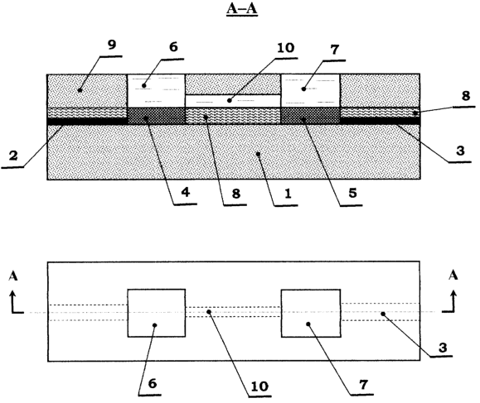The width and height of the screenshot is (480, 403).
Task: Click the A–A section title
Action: tap(242, 9)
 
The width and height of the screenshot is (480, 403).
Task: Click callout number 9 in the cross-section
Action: tap(112, 45)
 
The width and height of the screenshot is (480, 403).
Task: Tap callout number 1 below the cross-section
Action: tap(288, 194)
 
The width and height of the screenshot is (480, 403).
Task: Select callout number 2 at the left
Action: tap(13, 156)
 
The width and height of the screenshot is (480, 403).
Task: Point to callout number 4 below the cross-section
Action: tap(186, 193)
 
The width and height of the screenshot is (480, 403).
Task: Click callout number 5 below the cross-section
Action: tap(352, 193)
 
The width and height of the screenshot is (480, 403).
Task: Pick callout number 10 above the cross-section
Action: tap(286, 48)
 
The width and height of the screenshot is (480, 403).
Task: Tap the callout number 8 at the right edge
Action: tap(466, 96)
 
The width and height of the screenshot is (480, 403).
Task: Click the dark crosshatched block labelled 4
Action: tap(156, 116)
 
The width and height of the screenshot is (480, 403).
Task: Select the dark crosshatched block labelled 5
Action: tap(310, 116)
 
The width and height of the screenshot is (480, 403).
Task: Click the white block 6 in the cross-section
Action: tap(156, 90)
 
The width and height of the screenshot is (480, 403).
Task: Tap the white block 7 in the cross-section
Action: tap(310, 90)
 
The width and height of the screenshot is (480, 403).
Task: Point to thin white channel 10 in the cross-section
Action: tap(233, 101)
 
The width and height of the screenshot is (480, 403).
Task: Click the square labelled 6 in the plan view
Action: tap(157, 313)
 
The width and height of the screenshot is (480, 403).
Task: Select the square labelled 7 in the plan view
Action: tap(311, 313)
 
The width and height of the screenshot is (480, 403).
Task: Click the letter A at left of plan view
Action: tap(13, 276)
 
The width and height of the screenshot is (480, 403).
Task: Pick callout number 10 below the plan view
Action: tap(259, 386)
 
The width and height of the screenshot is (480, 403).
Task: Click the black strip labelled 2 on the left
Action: tap(87, 122)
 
